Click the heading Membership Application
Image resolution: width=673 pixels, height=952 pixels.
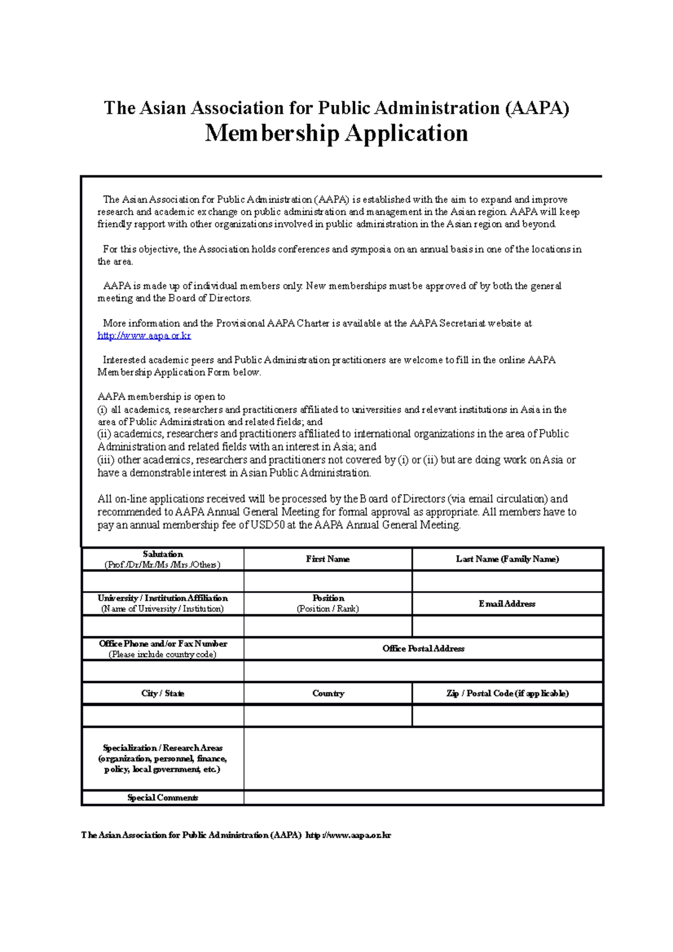(336, 133)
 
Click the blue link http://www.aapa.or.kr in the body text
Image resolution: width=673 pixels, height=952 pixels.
(144, 336)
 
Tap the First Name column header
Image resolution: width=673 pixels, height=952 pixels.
(328, 559)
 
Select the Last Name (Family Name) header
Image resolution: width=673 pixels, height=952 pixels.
(507, 559)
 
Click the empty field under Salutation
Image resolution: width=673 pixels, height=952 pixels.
(163, 581)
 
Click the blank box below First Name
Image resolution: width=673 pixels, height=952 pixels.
(328, 581)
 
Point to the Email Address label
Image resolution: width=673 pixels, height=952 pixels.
(507, 604)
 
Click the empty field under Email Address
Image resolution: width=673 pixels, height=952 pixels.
(507, 626)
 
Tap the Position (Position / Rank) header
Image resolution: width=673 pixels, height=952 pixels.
(328, 603)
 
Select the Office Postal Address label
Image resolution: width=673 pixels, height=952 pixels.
(423, 649)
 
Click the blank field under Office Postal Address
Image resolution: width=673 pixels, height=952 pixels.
(423, 671)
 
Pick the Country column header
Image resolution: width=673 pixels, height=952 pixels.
(328, 694)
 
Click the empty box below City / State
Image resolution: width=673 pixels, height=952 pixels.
(163, 716)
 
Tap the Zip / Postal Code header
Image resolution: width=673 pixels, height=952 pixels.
(507, 694)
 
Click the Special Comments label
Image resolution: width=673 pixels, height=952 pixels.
(163, 798)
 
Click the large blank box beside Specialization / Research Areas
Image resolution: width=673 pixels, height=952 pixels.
(423, 759)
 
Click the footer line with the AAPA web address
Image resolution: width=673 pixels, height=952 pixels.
(236, 835)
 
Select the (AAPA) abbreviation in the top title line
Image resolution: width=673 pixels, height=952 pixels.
(537, 108)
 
